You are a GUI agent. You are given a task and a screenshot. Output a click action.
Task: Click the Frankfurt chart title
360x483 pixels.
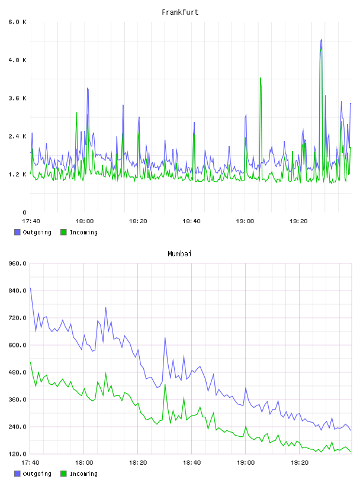point(180,12)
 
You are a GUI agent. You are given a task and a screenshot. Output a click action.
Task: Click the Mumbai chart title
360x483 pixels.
point(179,254)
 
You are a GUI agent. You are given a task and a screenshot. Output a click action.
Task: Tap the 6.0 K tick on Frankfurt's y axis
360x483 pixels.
point(17,22)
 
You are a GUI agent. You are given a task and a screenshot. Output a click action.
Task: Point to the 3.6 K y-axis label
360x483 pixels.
point(17,98)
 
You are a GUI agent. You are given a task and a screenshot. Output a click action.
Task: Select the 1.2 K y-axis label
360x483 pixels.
point(17,175)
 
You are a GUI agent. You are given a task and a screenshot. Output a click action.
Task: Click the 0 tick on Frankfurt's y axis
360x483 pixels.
point(24,212)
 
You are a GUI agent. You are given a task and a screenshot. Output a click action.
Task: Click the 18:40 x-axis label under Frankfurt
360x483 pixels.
point(191,221)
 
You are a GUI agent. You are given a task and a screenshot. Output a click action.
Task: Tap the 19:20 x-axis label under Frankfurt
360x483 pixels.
point(298,221)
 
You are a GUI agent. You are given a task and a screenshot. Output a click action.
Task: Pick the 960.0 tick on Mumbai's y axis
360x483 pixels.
point(17,263)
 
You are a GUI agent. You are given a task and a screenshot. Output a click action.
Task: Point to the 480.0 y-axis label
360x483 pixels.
point(17,372)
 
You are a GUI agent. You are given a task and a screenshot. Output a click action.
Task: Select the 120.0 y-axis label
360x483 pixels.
point(17,454)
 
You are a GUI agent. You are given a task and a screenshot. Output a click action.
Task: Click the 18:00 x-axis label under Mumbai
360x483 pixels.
point(84,463)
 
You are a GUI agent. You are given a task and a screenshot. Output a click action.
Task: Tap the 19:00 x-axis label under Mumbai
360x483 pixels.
point(245,463)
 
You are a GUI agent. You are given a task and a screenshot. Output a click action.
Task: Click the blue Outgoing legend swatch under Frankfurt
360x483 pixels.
point(17,232)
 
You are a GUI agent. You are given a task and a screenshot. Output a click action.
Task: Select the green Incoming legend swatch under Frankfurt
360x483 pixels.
point(63,232)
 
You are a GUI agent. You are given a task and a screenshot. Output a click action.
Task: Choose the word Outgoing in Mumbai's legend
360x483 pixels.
point(37,474)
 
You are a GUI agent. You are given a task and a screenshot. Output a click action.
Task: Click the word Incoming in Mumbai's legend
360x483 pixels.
point(83,474)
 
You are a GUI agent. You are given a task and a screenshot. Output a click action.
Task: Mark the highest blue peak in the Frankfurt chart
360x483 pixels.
point(322,40)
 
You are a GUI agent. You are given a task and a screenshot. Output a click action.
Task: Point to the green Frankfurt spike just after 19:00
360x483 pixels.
point(261,78)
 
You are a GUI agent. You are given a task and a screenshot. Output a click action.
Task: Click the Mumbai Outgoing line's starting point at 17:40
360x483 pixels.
point(30,288)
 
